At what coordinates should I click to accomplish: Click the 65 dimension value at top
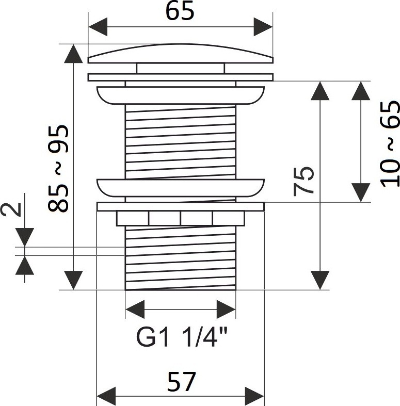[180, 11]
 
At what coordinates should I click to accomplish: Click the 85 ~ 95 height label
[57, 169]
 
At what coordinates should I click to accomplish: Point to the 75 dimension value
[304, 180]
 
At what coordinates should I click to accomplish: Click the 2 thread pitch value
[15, 208]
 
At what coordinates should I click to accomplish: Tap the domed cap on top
[180, 53]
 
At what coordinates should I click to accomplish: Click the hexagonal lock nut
[180, 218]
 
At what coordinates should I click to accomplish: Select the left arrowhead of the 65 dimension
[98, 26]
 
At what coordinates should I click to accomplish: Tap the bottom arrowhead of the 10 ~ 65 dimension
[361, 192]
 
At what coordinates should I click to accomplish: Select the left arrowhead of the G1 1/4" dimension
[135, 310]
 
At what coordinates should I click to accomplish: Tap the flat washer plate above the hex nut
[180, 206]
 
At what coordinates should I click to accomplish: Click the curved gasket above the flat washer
[180, 187]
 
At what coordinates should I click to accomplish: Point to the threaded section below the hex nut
[180, 258]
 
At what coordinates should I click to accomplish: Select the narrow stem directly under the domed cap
[180, 68]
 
